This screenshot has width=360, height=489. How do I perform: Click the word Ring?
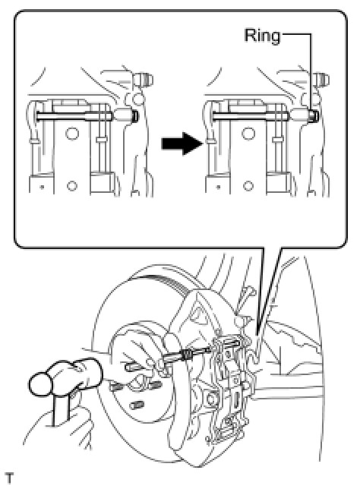click(x=262, y=36)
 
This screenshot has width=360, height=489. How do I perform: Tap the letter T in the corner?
click(x=10, y=478)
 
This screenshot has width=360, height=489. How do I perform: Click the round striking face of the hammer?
click(x=40, y=384)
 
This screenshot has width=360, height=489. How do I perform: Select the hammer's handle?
click(x=61, y=409)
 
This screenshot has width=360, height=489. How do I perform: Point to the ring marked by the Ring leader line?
click(x=313, y=115)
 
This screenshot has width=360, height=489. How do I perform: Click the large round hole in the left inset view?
click(x=72, y=134)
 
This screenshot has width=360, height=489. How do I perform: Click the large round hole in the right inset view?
click(x=248, y=134)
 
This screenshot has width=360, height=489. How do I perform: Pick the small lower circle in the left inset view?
click(x=71, y=186)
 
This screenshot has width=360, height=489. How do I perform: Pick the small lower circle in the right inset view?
click(x=248, y=186)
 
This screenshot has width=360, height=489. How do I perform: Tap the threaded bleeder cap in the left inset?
click(x=143, y=79)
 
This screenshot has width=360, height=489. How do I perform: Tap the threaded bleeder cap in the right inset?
click(x=319, y=79)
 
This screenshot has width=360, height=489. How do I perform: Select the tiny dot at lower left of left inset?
click(x=42, y=187)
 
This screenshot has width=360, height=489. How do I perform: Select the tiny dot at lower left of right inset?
click(x=218, y=187)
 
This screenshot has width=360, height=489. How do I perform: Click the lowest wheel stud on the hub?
click(x=137, y=405)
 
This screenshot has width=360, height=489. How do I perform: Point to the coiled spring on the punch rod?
click(x=186, y=354)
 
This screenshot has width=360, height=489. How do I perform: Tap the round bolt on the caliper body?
click(x=211, y=399)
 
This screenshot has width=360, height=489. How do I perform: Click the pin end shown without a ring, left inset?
click(x=134, y=116)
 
